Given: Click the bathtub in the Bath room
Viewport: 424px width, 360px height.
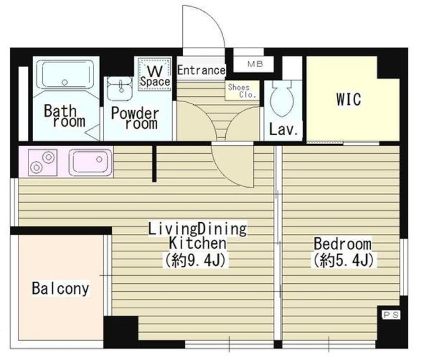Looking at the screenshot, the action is pyautogui.click(x=65, y=74).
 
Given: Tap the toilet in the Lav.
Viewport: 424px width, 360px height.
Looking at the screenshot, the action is pyautogui.click(x=283, y=99).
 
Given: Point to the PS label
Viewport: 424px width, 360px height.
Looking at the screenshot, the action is pyautogui.click(x=391, y=314).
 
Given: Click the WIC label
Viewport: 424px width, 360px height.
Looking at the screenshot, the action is pyautogui.click(x=348, y=99).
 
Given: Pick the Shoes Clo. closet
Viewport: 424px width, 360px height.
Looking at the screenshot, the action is pyautogui.click(x=242, y=91).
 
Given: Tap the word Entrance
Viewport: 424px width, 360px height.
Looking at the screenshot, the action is pyautogui.click(x=201, y=70).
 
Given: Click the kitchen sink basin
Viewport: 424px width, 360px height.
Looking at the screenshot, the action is pyautogui.click(x=90, y=162).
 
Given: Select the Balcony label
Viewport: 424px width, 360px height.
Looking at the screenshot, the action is pyautogui.click(x=60, y=288).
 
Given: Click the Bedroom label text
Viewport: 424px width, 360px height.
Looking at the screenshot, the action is pyautogui.click(x=343, y=243).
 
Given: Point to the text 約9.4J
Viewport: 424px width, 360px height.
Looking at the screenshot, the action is pyautogui.click(x=195, y=261).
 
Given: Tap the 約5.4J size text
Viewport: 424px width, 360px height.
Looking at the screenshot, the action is pyautogui.click(x=344, y=261).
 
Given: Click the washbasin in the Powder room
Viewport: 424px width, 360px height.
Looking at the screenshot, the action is pyautogui.click(x=119, y=88).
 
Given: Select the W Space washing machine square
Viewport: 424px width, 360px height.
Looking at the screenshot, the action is pyautogui.click(x=154, y=73).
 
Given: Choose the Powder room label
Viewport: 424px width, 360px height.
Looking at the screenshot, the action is pyautogui.click(x=134, y=119).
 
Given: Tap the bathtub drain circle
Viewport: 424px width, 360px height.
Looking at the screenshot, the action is pyautogui.click(x=64, y=82).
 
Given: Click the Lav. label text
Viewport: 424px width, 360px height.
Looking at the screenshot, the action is pyautogui.click(x=284, y=130).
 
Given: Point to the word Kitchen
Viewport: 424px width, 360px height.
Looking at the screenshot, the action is pyautogui.click(x=197, y=243).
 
